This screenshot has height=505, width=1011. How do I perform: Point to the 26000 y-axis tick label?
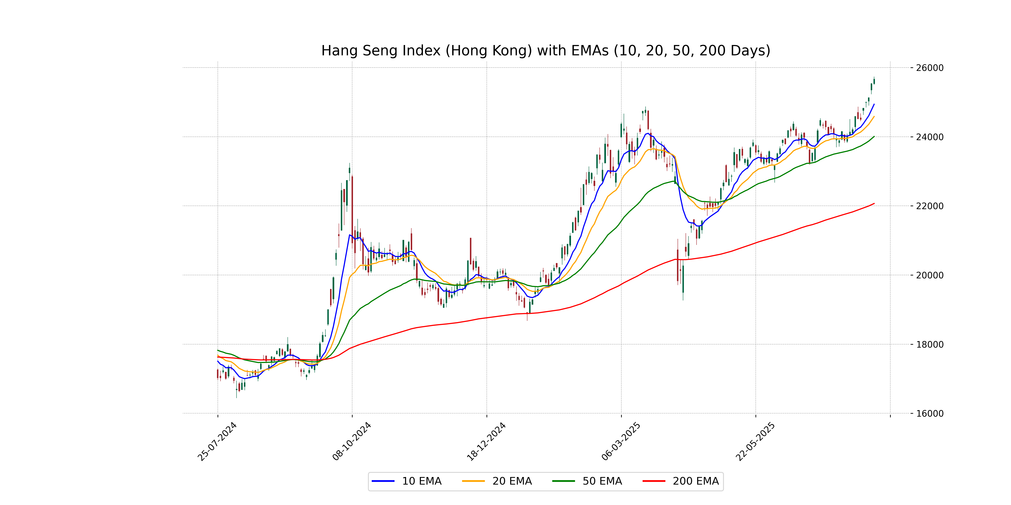click(929, 68)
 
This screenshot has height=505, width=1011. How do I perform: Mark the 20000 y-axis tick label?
click(929, 275)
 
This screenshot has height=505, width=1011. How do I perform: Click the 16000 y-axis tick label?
click(929, 414)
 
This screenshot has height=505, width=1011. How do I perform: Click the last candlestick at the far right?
click(874, 81)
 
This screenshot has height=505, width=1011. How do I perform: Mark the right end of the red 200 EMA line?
click(874, 203)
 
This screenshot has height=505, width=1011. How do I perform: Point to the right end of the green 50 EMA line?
click(874, 136)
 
